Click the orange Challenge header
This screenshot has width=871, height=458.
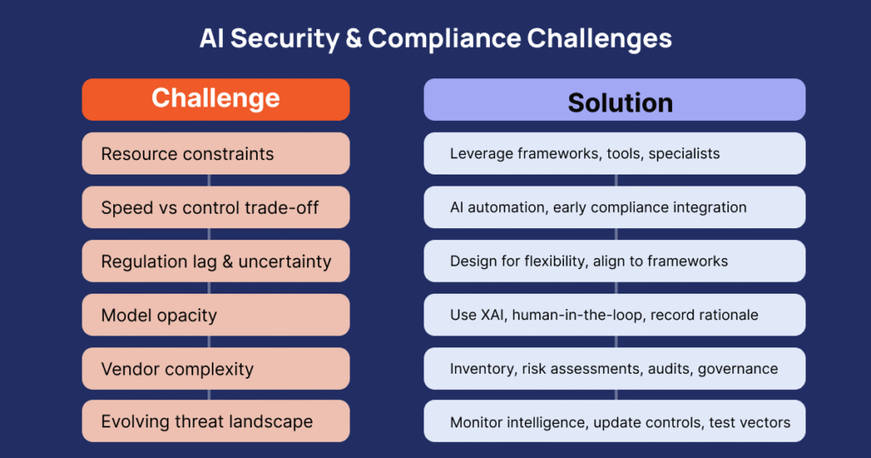click(215, 100)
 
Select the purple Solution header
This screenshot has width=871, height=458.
click(614, 100)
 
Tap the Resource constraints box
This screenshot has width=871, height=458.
click(215, 153)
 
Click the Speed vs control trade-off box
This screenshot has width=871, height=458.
click(215, 208)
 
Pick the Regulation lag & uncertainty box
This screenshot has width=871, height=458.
click(215, 261)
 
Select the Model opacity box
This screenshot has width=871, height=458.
click(215, 315)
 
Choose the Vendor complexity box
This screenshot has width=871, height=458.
click(215, 369)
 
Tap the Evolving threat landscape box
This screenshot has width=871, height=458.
click(215, 421)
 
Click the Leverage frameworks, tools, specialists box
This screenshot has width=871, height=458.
click(614, 153)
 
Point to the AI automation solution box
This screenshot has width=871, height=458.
click(614, 208)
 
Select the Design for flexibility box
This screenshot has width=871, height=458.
click(614, 261)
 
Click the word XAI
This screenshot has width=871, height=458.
click(493, 315)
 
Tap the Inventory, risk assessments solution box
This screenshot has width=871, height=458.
click(614, 369)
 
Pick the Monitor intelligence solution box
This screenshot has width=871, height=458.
click(614, 421)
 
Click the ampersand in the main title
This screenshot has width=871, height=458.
click(353, 39)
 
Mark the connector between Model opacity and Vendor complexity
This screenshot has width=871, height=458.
click(209, 342)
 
